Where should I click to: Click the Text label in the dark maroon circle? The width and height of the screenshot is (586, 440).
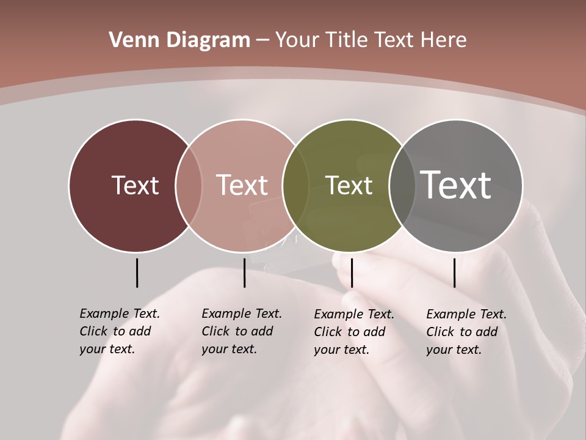point(135,185)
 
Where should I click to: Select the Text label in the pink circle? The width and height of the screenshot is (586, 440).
point(242,185)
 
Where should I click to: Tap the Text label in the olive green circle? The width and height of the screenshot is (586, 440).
point(349,185)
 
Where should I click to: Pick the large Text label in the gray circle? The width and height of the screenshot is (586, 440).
point(456,185)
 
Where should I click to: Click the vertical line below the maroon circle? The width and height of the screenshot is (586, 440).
point(137,273)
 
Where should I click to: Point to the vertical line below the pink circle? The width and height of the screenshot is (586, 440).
point(244,273)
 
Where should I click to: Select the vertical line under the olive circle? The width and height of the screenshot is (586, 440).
point(352,273)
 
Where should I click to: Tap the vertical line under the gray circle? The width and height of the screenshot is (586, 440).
point(454,273)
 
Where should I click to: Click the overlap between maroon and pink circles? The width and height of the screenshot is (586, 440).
point(189,185)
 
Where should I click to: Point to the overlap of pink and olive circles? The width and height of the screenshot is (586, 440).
point(295,185)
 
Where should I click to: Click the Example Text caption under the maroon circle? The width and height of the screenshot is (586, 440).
point(120,331)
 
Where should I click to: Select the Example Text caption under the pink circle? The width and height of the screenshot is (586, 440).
point(242,331)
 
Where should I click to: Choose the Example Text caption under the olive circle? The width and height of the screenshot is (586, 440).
point(354,332)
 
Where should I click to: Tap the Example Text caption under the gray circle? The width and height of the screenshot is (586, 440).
point(466,332)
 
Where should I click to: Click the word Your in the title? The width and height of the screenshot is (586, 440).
point(295,40)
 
